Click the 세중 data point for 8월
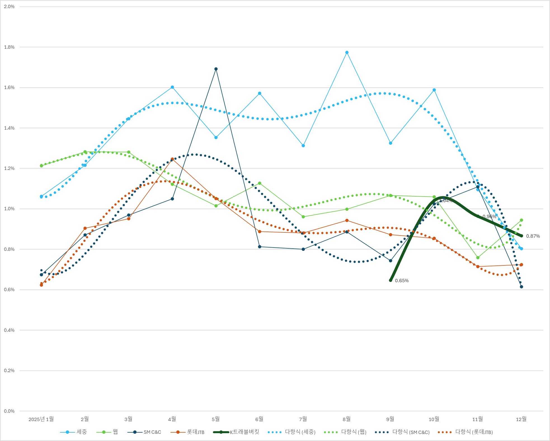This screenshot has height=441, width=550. point(347,53)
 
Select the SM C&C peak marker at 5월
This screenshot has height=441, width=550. point(216,69)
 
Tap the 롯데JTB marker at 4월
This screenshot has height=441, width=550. point(172,159)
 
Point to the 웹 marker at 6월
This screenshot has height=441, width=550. point(260,183)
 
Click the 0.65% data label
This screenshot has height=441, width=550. point(402,281)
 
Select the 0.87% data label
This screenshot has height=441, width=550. point(533,236)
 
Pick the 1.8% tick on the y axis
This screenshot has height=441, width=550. point(9,47)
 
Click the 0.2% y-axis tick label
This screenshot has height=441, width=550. point(9,371)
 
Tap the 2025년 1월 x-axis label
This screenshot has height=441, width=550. point(41,419)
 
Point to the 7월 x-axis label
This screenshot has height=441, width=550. point(303,419)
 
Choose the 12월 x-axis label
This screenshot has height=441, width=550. point(521,419)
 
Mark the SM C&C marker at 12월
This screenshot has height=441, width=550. point(521,287)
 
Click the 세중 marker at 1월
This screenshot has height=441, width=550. point(41,197)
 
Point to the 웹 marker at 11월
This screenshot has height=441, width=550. point(478,258)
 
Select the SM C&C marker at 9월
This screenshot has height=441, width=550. point(391,261)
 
